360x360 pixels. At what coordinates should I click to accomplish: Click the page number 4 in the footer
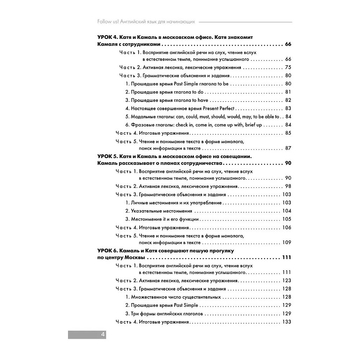click(103, 334)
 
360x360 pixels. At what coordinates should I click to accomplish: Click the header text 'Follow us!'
click(108, 22)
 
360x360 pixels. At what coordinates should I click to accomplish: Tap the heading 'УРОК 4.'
click(108, 37)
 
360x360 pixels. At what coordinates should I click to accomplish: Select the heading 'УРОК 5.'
click(108, 156)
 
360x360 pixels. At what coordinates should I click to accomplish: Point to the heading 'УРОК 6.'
click(108, 251)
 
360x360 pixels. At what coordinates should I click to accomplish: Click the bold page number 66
click(288, 45)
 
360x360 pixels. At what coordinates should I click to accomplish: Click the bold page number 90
click(288, 163)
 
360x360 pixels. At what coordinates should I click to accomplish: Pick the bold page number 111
click(286, 258)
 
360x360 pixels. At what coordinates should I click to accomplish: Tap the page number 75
click(288, 67)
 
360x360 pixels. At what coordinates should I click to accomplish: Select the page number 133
click(287, 322)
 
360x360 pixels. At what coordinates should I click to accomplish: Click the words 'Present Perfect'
click(219, 108)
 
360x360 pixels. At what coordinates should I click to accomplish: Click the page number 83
click(288, 108)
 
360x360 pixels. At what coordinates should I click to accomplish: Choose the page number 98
click(288, 186)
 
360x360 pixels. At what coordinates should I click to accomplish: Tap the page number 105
click(287, 219)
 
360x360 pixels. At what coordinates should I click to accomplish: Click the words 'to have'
click(200, 100)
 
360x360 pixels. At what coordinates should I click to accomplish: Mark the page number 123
click(287, 280)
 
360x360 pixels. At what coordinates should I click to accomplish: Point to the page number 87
click(288, 148)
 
